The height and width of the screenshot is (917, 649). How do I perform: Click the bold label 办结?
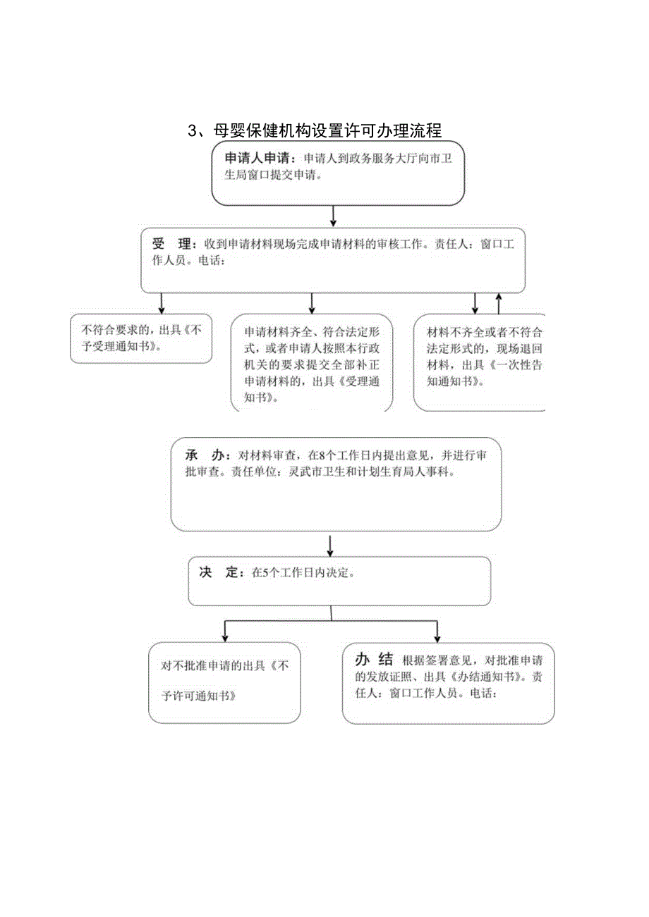tap(373, 660)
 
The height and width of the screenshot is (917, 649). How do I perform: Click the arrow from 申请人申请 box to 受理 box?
tap(334, 216)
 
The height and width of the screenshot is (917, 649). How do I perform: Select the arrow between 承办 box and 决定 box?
tap(330, 545)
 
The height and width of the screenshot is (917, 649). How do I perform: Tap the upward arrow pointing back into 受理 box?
tap(499, 303)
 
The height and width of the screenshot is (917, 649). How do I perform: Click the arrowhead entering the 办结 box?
tap(437, 635)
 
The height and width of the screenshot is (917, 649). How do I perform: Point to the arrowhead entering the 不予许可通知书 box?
tap(224, 635)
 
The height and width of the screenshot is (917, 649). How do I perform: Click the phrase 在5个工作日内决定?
tap(303, 573)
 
